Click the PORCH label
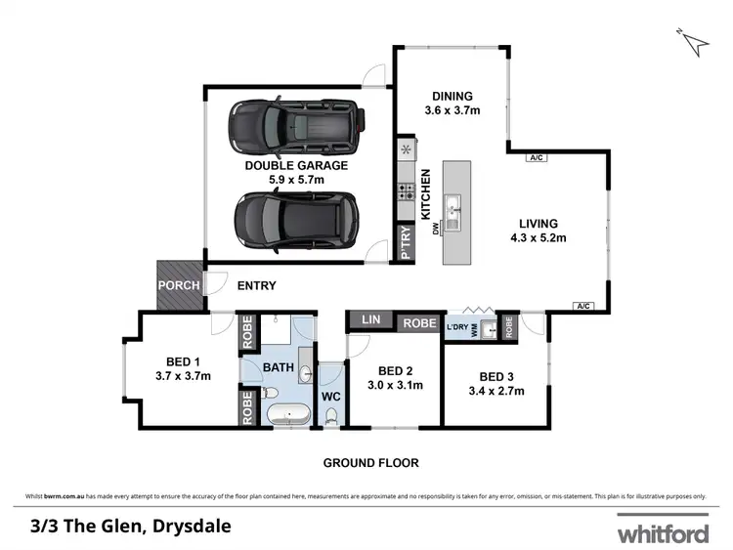[179, 286]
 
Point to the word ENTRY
[257, 286]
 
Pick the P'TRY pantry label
[406, 244]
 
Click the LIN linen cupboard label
[370, 320]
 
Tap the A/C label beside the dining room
[536, 156]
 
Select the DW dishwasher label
[437, 230]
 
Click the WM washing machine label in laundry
[476, 332]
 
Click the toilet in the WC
[332, 415]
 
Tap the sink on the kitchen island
[454, 208]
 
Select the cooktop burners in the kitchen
[406, 191]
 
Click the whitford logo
[662, 533]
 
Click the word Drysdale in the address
[197, 526]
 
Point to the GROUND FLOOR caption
[371, 462]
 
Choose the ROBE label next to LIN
[420, 320]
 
